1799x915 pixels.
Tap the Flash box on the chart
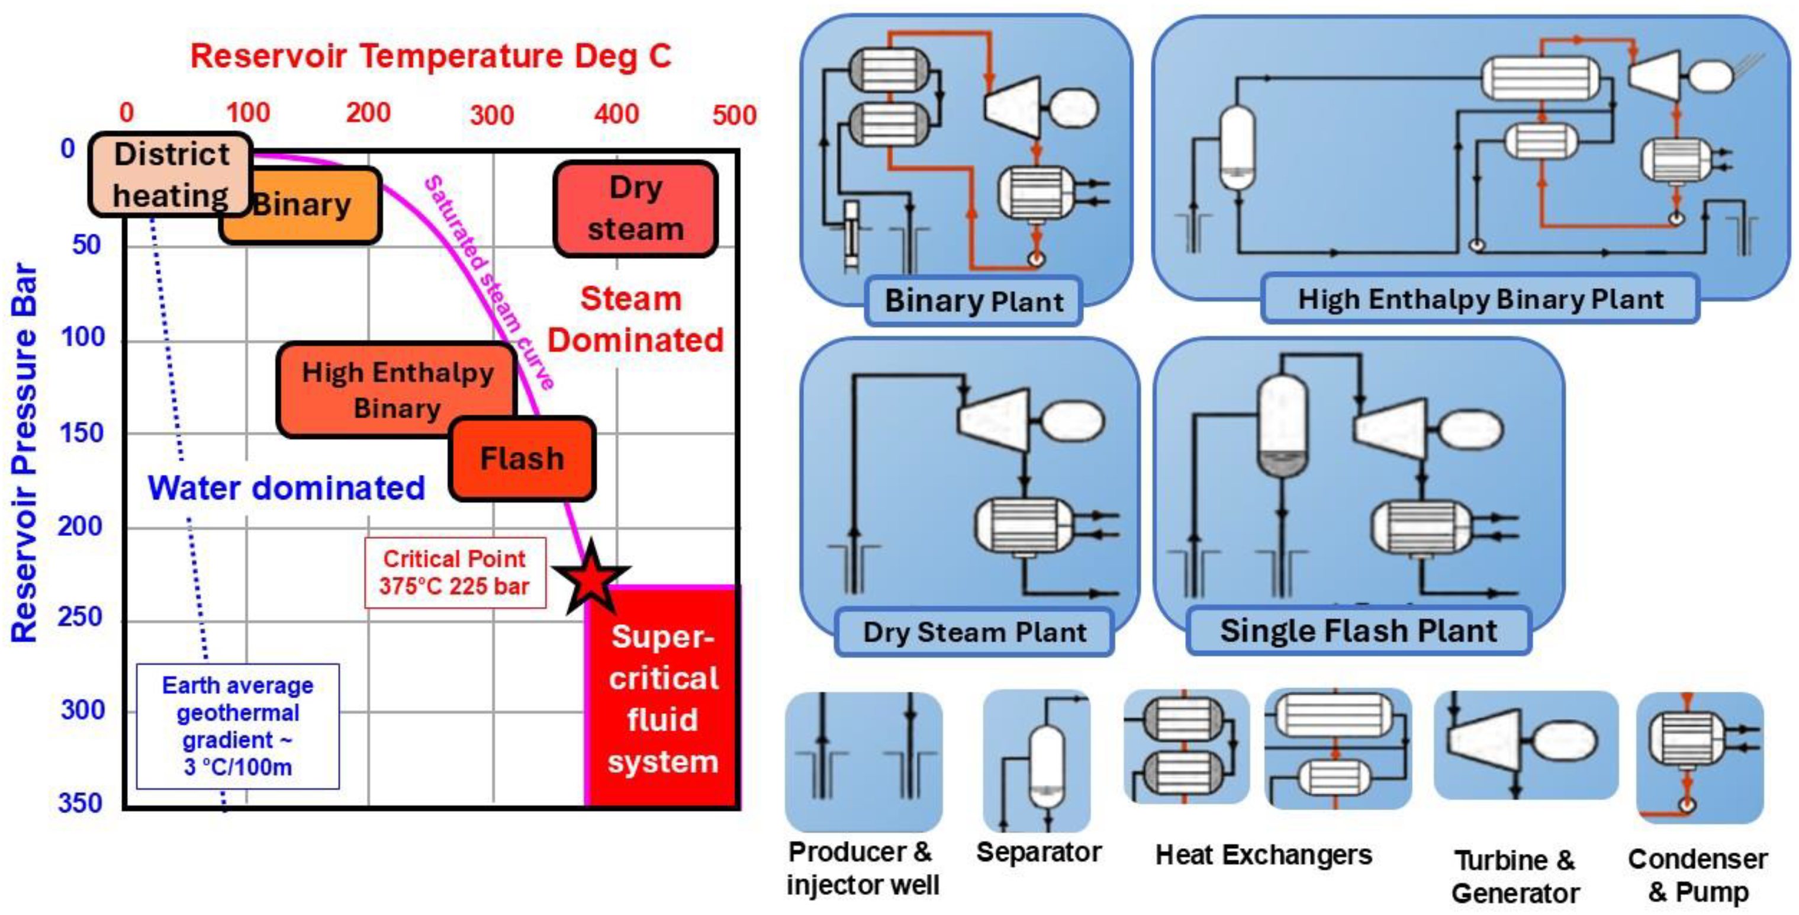[522, 459]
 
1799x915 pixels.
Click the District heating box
[171, 175]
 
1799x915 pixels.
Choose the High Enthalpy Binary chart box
[397, 390]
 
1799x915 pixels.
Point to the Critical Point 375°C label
[455, 573]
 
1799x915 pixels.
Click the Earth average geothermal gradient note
[237, 727]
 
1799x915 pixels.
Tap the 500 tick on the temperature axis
[734, 114]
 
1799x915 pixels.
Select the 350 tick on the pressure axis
[81, 802]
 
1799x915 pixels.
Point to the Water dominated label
[287, 487]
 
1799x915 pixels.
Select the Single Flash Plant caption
[1359, 631]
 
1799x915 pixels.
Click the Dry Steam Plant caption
[974, 632]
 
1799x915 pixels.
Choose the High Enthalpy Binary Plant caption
[1481, 299]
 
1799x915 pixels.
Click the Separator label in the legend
[1038, 852]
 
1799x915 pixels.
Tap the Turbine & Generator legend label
[1515, 877]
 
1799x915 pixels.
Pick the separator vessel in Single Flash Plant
[1282, 426]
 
